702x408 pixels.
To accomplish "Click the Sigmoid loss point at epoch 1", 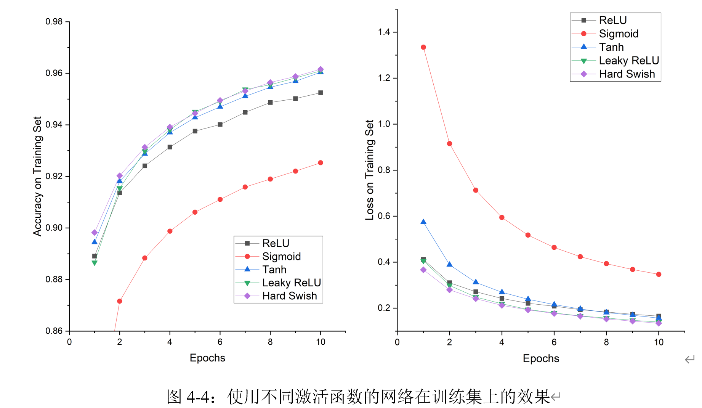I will (x=423, y=47).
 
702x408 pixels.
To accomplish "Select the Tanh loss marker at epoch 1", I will (x=423, y=222).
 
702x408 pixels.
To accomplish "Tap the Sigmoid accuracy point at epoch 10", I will (x=321, y=163).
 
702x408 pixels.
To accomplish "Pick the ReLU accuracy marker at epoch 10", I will (x=321, y=93).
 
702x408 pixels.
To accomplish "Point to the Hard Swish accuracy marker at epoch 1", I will (x=95, y=233).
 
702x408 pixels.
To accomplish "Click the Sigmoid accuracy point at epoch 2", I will (x=120, y=301).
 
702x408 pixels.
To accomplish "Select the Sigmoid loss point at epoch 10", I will (x=659, y=274).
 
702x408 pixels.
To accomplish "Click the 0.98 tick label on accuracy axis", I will (x=54, y=22).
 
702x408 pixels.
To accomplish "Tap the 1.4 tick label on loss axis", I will (x=384, y=32).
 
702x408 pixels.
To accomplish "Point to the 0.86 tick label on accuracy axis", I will (x=54, y=331).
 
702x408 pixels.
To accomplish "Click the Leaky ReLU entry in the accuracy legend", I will (x=291, y=283).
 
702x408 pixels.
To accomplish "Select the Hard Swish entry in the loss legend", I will (x=627, y=74).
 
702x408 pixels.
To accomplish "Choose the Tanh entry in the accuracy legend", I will (x=274, y=270).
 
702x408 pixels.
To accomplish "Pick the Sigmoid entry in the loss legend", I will (x=618, y=34).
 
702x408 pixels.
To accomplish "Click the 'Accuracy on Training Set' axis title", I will (x=37, y=176).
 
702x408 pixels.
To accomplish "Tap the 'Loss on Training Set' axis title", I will (x=369, y=170).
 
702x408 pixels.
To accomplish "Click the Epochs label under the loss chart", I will (x=541, y=358).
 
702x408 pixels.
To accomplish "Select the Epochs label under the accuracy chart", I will (x=207, y=358).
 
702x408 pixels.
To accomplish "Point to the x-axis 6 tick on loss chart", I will (x=554, y=342).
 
